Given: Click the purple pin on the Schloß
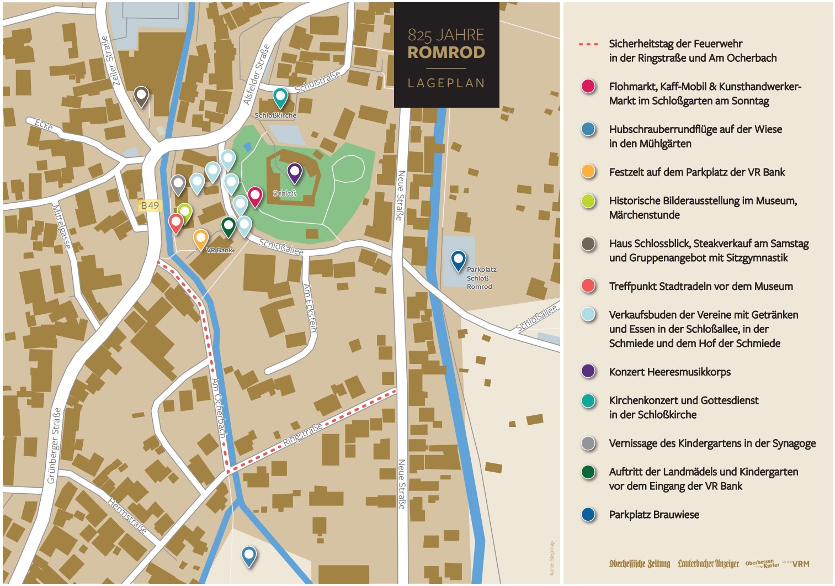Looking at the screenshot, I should [x=295, y=172].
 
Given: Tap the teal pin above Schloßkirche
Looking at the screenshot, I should [x=280, y=97].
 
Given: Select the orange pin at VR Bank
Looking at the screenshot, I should [x=201, y=239].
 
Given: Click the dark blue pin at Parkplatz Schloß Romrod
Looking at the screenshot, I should [x=458, y=260].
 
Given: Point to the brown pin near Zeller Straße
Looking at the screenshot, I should [x=141, y=96].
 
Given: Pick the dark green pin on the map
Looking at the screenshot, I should [x=228, y=226].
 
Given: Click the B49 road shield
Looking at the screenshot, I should [x=150, y=205].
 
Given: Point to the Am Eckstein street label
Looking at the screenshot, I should [x=310, y=308].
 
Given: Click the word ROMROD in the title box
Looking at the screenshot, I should [x=446, y=52].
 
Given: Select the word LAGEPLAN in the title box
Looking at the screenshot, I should [x=446, y=83].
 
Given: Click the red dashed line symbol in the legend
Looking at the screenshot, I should [x=588, y=44].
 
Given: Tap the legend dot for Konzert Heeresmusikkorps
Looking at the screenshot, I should [x=588, y=371].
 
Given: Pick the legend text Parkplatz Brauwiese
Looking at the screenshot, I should [x=654, y=515].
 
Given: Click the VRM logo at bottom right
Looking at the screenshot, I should [x=801, y=564].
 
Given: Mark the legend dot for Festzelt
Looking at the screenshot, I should [x=588, y=172].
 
